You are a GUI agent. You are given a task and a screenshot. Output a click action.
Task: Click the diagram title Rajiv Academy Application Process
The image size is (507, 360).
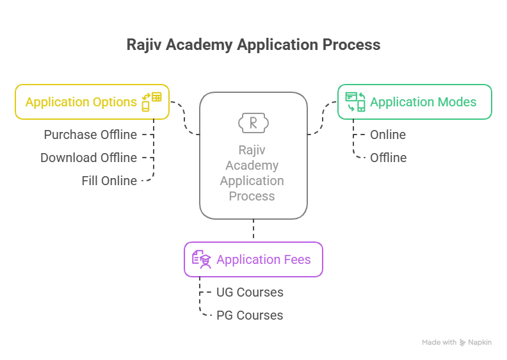click(253, 45)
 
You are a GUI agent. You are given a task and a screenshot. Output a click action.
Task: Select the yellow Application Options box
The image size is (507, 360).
click(92, 102)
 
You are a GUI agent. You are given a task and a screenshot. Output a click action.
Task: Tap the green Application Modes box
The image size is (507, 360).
click(415, 102)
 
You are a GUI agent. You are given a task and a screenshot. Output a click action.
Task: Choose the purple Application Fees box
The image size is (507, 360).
click(253, 259)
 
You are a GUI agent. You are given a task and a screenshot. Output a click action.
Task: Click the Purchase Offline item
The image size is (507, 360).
click(90, 135)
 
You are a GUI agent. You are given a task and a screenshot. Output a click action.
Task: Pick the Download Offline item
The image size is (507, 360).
click(88, 158)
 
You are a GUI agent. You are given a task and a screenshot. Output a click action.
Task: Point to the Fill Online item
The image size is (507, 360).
click(109, 181)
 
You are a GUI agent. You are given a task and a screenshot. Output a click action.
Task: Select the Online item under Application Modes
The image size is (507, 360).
click(388, 135)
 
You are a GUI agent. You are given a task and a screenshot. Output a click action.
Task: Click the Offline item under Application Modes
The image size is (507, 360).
click(388, 158)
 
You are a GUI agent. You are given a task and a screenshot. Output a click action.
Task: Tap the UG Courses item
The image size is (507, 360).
click(250, 292)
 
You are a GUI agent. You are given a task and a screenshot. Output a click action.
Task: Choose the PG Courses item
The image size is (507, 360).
click(250, 315)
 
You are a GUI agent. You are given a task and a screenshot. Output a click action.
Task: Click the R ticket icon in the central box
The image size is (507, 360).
click(253, 122)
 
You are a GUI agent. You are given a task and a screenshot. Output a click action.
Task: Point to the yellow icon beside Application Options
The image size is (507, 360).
click(152, 102)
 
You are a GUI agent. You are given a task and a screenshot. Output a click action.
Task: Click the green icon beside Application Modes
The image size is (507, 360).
click(355, 102)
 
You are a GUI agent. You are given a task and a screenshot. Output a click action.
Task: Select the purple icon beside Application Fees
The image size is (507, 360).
click(201, 259)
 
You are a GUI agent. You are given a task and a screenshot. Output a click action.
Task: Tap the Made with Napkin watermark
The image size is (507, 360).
click(456, 343)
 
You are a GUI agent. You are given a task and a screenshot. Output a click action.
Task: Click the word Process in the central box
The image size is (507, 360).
click(252, 196)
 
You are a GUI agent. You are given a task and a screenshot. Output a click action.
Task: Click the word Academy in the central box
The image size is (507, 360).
click(252, 165)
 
